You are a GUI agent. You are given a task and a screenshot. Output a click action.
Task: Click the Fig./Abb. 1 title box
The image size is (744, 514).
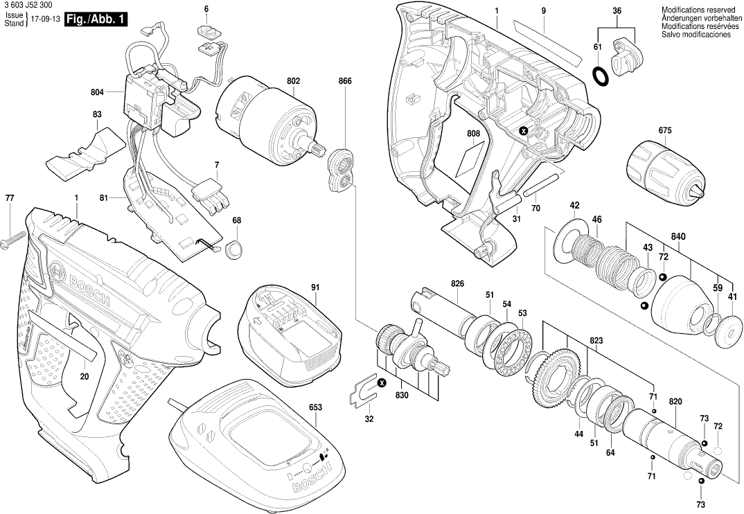[95, 20]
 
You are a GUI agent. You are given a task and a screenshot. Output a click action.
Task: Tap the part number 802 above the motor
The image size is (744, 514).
[293, 81]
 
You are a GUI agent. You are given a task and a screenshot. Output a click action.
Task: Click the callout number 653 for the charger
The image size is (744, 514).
[315, 408]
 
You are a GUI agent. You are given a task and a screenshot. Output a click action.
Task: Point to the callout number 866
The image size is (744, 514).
[345, 81]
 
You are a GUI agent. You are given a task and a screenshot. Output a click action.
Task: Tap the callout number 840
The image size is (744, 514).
[678, 237]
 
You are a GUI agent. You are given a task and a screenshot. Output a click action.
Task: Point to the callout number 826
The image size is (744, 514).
[457, 284]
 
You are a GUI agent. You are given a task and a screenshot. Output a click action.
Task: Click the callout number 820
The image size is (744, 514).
[675, 402]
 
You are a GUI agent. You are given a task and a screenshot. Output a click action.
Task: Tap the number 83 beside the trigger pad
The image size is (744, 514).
[97, 114]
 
